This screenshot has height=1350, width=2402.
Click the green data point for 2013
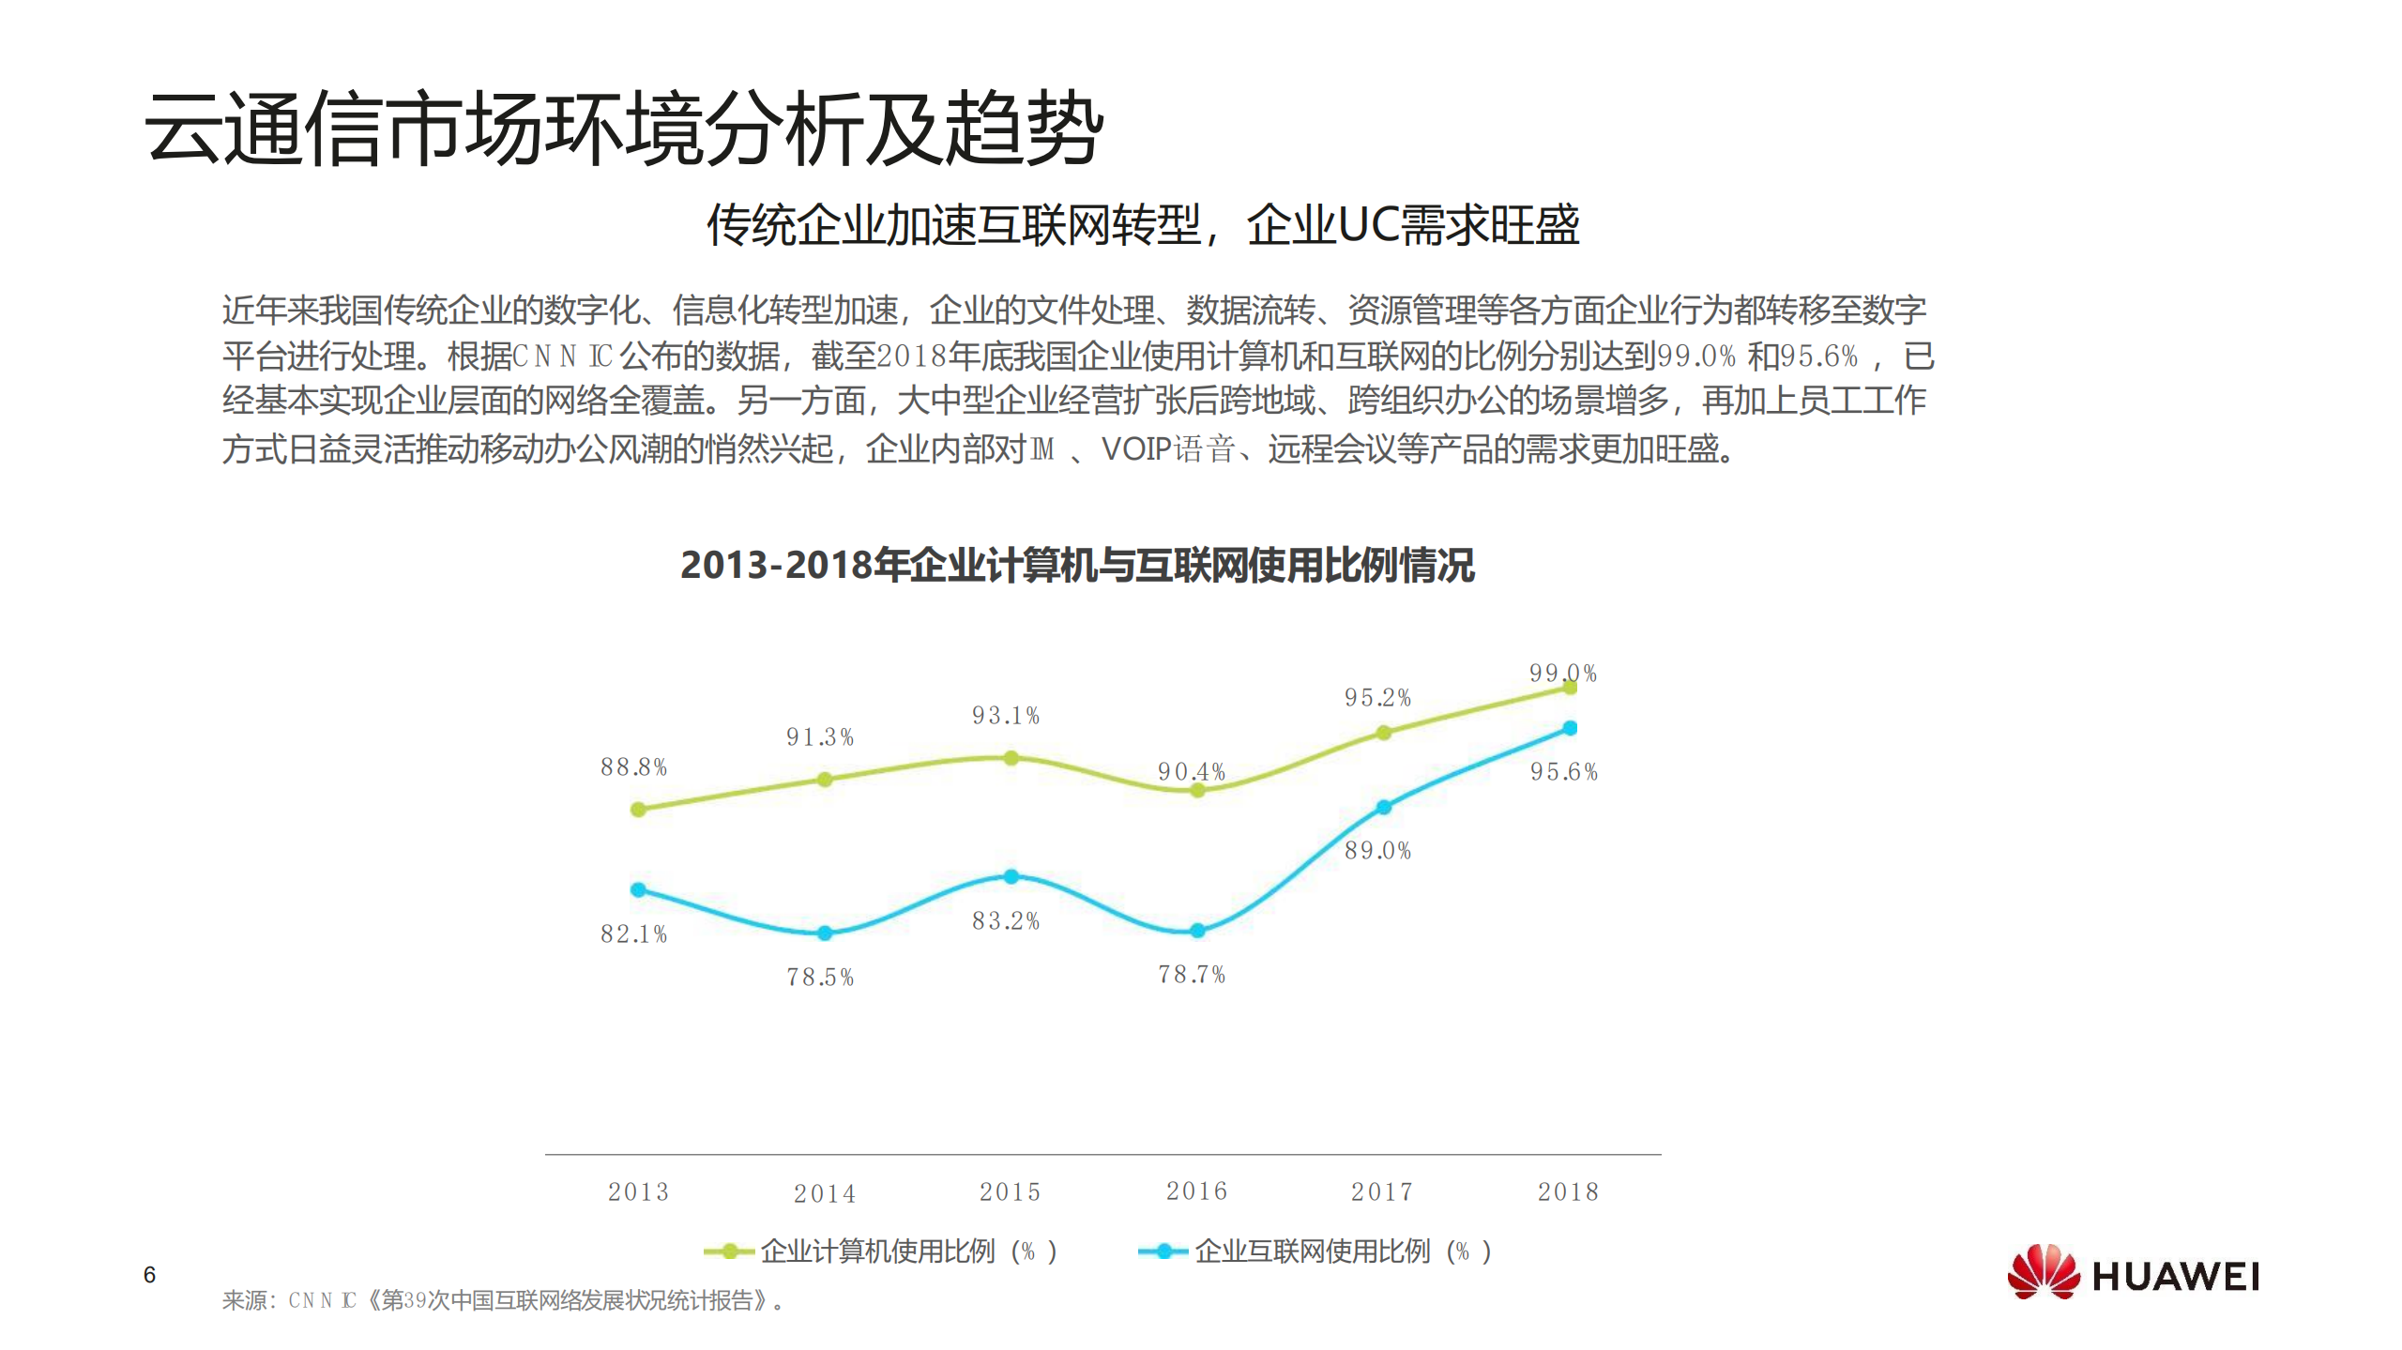pos(638,809)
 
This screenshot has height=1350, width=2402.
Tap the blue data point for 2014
pos(824,933)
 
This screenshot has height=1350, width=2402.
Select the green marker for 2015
pos(1011,758)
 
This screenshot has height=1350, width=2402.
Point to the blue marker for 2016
pos(1196,931)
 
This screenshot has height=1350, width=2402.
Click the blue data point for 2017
pos(1383,807)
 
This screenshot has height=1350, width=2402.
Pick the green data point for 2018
pos(1569,688)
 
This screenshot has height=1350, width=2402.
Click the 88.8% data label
pos(633,767)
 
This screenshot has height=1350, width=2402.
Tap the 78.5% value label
pos(819,978)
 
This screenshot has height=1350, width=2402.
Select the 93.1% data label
pos(1005,716)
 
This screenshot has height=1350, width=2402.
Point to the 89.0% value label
pos(1377,851)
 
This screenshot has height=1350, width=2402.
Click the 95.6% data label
pos(1563,772)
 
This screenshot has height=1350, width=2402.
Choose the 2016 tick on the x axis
pos(1196,1191)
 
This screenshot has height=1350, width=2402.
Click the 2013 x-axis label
pos(638,1192)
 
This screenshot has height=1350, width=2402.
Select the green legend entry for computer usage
pos(880,1251)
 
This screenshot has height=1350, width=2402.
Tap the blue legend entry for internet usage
pos(1314,1251)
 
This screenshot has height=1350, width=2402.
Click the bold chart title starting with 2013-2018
pos(1076,565)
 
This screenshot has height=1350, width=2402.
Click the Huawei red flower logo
pos(2043,1272)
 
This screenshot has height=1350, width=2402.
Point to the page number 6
pos(149,1275)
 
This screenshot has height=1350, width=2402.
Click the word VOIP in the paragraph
pos(1135,449)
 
